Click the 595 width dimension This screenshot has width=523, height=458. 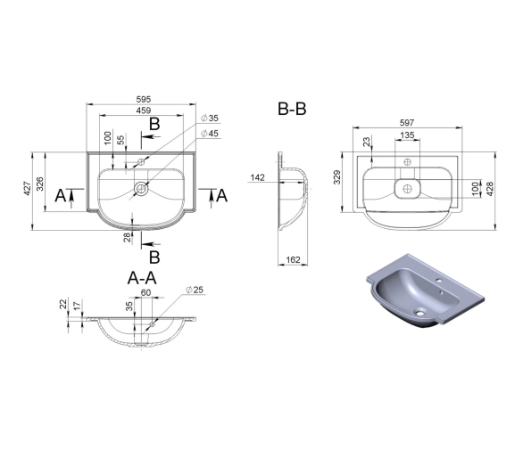144,99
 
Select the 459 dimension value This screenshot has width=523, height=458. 144,110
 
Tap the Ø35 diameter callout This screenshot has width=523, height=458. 210,118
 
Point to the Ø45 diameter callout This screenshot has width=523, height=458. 210,134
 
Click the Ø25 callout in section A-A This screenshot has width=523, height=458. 195,290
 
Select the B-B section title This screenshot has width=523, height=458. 292,109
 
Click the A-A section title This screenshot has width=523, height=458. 142,278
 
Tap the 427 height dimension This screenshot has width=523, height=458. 28,188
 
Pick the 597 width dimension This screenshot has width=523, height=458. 407,123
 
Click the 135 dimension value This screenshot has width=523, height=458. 407,135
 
